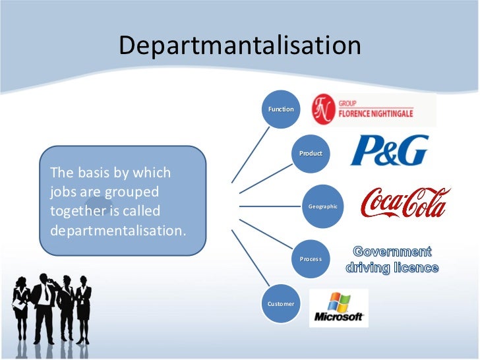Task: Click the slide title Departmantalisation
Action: coord(240,45)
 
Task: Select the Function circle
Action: coord(281,109)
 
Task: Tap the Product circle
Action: coord(311,153)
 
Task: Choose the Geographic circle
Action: coord(322,206)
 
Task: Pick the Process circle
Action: coord(311,259)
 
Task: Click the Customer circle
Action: coord(281,303)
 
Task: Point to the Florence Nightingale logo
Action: coord(373,109)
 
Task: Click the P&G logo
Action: coord(389,150)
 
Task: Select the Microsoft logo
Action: coord(339,308)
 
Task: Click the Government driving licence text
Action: coord(392,260)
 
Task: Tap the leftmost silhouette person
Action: coord(20,307)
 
